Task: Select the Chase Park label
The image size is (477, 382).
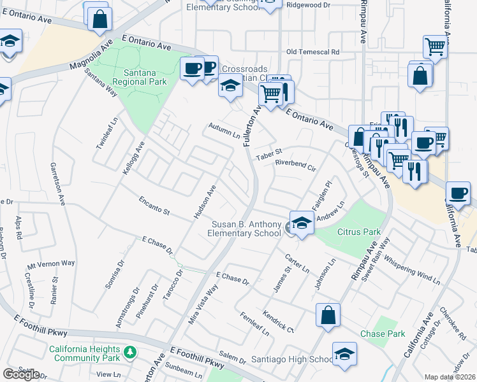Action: tap(382, 334)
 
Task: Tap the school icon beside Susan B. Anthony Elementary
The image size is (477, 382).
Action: tap(301, 223)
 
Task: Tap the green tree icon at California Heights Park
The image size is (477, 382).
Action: tap(130, 351)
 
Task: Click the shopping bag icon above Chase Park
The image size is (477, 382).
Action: tap(328, 315)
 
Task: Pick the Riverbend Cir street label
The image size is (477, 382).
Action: tap(295, 166)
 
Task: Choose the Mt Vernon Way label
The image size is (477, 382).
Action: tap(50, 264)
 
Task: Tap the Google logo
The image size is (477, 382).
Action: tap(22, 374)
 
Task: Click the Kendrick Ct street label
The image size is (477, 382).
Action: tap(277, 320)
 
